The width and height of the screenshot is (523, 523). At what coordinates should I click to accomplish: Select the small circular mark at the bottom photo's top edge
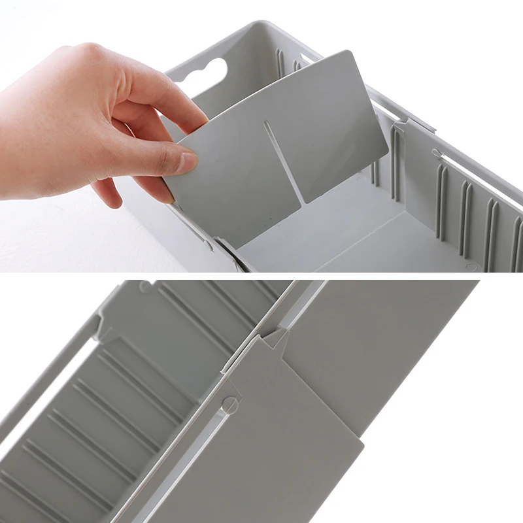(x=144, y=286)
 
